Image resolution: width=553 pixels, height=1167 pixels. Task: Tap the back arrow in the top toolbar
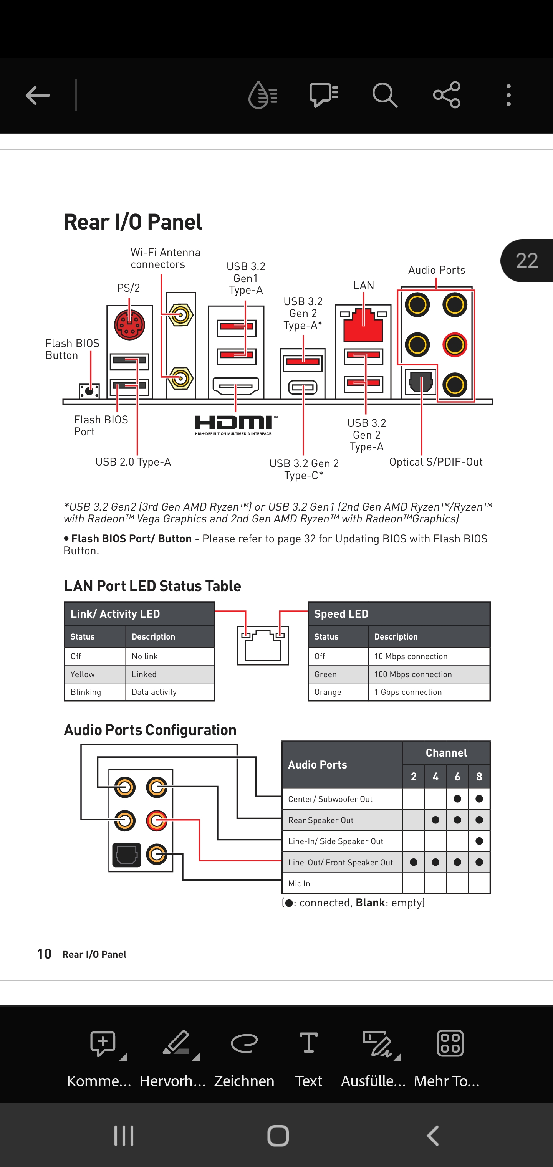click(x=38, y=95)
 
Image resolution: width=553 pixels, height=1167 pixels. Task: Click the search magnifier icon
click(x=385, y=95)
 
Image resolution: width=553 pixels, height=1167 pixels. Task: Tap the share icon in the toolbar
click(x=447, y=95)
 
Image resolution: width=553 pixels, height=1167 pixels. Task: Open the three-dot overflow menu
click(x=508, y=95)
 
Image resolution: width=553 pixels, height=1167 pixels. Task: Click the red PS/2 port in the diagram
click(x=130, y=325)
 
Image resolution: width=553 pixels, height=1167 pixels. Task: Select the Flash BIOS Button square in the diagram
click(x=89, y=390)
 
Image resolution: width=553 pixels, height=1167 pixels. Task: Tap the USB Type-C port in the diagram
click(x=303, y=388)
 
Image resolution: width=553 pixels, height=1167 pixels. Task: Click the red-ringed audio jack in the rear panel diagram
click(x=455, y=345)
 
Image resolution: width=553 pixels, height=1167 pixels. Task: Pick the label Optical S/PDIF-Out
click(x=435, y=462)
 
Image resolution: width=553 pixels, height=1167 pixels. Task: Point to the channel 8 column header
click(x=479, y=777)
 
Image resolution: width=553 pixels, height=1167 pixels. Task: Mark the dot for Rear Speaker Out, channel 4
click(x=435, y=820)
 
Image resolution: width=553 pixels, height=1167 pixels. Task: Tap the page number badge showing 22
click(x=527, y=261)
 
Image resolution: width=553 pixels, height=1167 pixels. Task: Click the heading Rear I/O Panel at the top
click(x=133, y=222)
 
